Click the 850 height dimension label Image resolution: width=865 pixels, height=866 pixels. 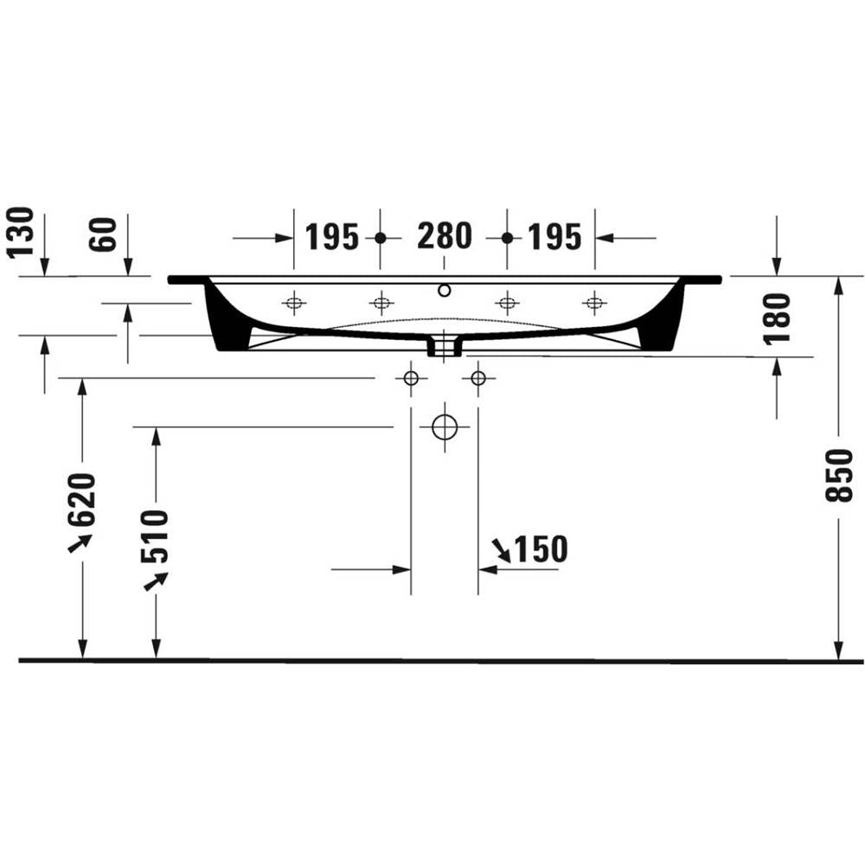pos(839,474)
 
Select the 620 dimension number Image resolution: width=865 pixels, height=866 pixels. pos(82,498)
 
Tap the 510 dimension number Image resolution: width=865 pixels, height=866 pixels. pos(155,536)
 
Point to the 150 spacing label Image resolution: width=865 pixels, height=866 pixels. pos(541,548)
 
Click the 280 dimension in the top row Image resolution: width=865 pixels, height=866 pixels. pos(444,235)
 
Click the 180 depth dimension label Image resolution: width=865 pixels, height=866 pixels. pos(777,318)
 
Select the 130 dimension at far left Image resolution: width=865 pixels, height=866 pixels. pos(21,233)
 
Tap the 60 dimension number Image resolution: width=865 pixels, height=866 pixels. pos(103,234)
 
